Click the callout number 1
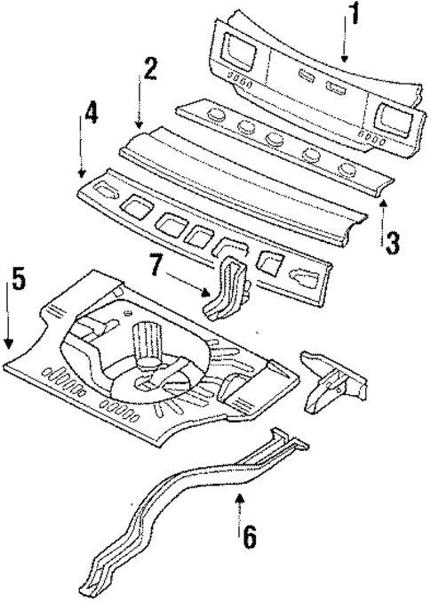click(x=354, y=17)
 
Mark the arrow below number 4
click(x=83, y=152)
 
